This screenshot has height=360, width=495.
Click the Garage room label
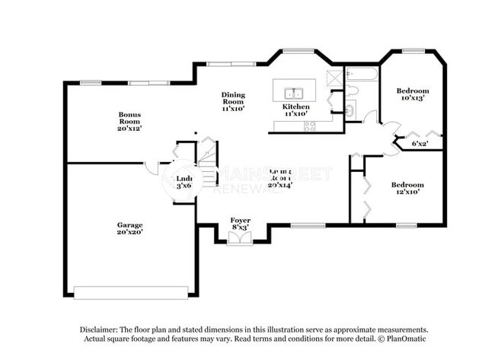[129, 228]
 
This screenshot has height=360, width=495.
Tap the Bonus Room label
[129, 121]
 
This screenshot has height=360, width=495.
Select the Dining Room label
[233, 101]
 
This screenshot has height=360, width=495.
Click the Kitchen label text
[296, 110]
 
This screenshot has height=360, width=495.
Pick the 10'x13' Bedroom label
[412, 94]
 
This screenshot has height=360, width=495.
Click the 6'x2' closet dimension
[420, 142]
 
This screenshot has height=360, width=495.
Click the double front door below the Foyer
[240, 238]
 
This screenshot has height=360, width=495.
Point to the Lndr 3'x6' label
[183, 182]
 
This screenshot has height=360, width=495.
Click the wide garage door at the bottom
[130, 292]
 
